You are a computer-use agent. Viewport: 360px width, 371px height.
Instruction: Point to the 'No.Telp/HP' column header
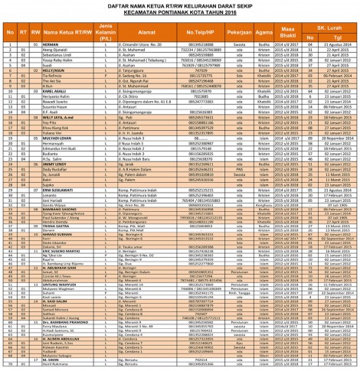click(205, 32)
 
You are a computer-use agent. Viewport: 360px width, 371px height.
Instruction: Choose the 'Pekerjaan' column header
click(244, 32)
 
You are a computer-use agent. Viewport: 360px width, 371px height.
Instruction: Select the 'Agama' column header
click(267, 32)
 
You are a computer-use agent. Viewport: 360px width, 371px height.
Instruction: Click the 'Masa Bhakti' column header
click(293, 32)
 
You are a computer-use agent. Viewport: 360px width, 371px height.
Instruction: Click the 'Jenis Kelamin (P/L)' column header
click(106, 32)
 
